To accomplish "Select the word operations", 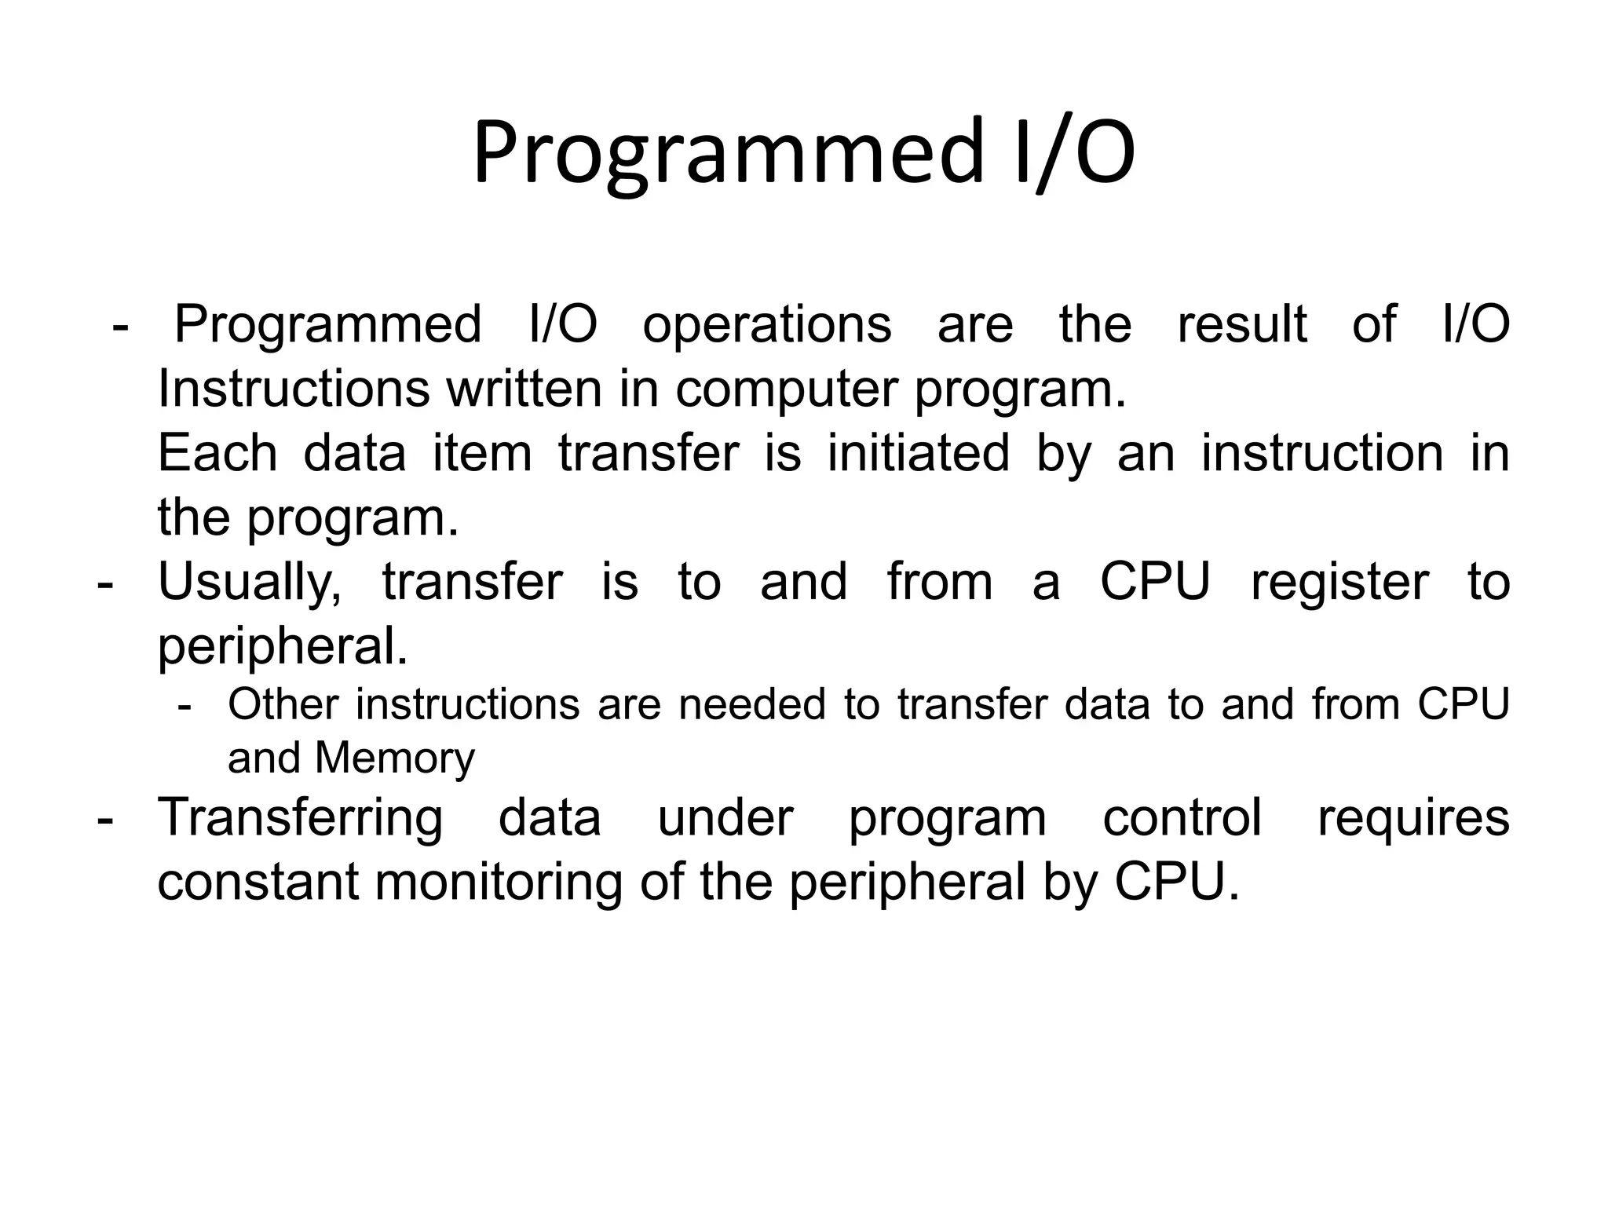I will [x=766, y=325].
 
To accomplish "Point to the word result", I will [x=1241, y=324].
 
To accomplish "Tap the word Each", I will [x=218, y=453].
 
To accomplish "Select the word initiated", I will [x=918, y=453].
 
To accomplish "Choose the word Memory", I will [x=395, y=759].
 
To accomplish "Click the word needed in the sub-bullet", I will [x=751, y=704].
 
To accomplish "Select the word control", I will [x=1182, y=817].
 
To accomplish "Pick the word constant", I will [x=258, y=882].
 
